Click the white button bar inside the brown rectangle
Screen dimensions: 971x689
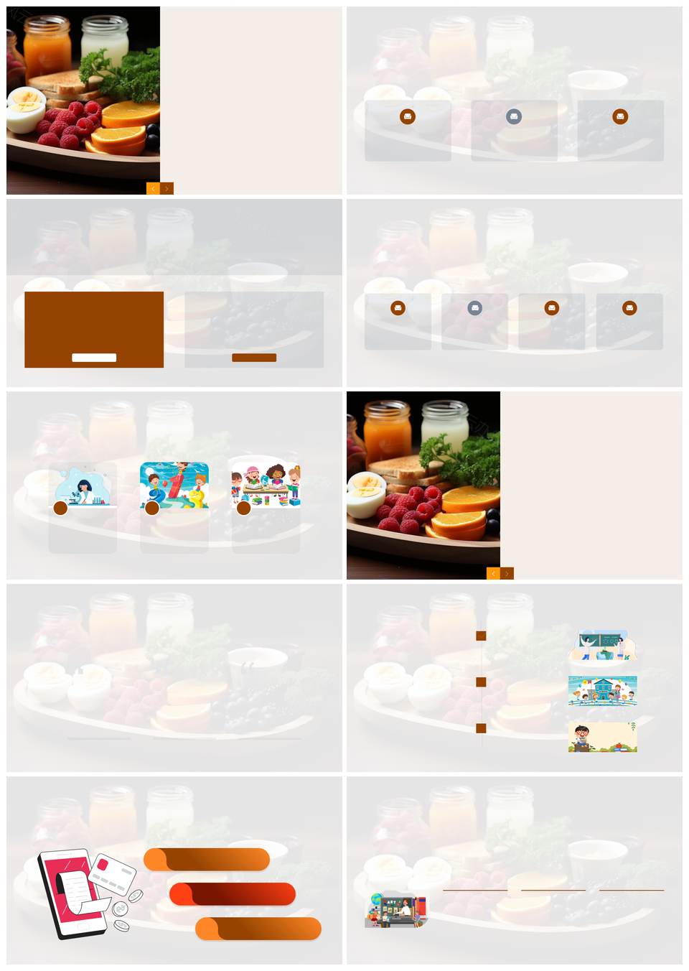point(94,358)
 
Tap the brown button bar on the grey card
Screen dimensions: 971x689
point(254,358)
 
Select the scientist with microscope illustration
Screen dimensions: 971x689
point(83,486)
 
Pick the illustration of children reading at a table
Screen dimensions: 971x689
point(266,485)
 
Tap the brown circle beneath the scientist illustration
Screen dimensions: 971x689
point(61,508)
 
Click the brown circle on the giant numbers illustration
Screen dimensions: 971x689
point(152,508)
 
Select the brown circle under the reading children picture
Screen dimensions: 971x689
point(244,508)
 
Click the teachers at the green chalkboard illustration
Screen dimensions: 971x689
point(603,645)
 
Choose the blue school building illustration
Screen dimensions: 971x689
point(603,691)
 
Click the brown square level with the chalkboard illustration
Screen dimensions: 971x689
point(482,636)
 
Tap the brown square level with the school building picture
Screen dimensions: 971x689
point(482,682)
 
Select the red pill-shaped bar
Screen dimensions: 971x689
point(233,894)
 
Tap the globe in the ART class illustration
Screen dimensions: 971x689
point(377,900)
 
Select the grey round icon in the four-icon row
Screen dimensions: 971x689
point(474,308)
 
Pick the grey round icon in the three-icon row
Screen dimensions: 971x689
point(514,116)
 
